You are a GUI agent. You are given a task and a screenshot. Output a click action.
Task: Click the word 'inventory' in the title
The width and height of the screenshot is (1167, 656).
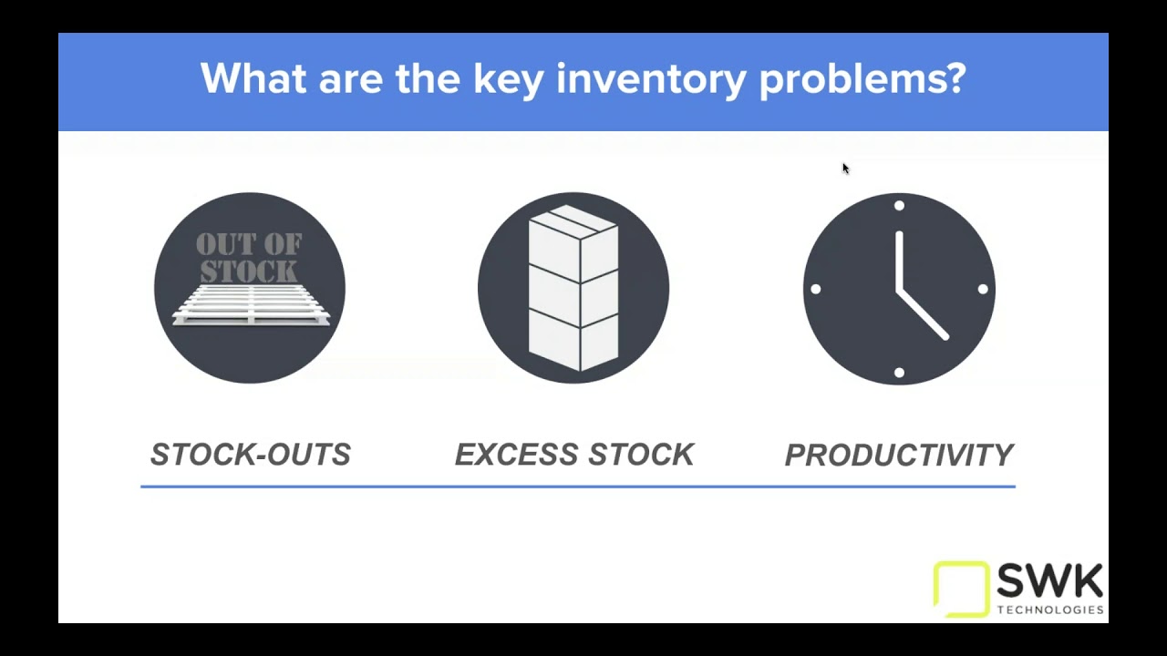point(651,79)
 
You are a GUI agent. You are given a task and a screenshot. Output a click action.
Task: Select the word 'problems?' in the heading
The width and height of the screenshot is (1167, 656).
point(862,79)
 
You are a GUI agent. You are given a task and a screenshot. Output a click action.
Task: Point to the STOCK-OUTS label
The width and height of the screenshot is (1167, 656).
point(250,455)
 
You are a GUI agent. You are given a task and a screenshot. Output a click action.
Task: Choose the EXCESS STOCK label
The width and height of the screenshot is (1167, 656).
point(574,455)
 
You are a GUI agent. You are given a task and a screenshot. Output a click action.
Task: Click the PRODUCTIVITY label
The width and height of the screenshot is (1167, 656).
point(899,455)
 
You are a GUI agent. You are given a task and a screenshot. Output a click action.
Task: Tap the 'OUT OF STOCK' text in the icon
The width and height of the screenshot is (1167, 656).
point(248,258)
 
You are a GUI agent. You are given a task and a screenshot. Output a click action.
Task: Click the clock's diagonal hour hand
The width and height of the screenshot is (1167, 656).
point(924,315)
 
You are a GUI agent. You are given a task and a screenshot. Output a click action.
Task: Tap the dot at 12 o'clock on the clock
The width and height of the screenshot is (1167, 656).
point(899,206)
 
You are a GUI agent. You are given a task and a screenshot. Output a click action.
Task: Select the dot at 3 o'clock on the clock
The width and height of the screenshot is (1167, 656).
point(983,289)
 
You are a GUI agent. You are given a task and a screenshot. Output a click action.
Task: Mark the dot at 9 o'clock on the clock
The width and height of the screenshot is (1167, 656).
point(815,289)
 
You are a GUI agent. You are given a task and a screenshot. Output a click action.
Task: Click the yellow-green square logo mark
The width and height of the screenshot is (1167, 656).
point(961,588)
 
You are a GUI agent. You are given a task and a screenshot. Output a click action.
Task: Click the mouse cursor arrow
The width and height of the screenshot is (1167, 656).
point(845,169)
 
